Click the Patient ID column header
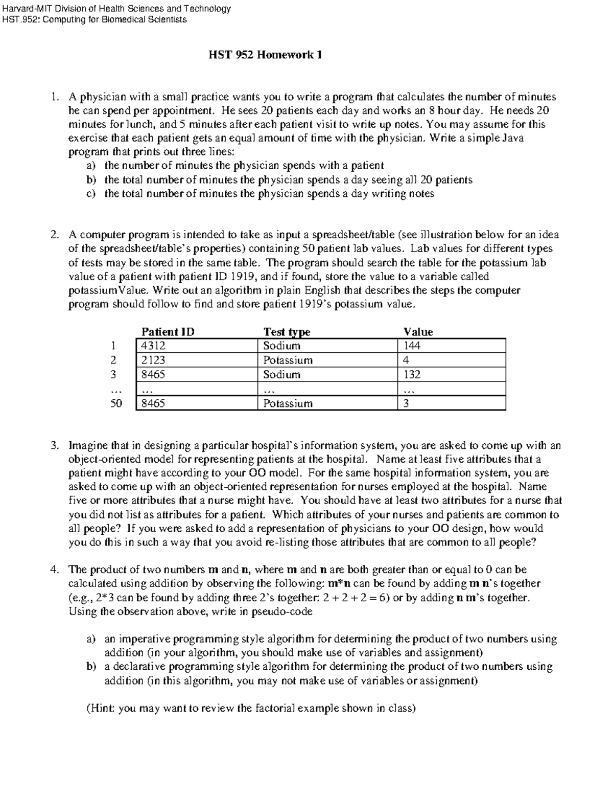[168, 332]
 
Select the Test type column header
[286, 332]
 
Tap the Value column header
[418, 332]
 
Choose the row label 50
[116, 403]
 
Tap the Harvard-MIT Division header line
[116, 8]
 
